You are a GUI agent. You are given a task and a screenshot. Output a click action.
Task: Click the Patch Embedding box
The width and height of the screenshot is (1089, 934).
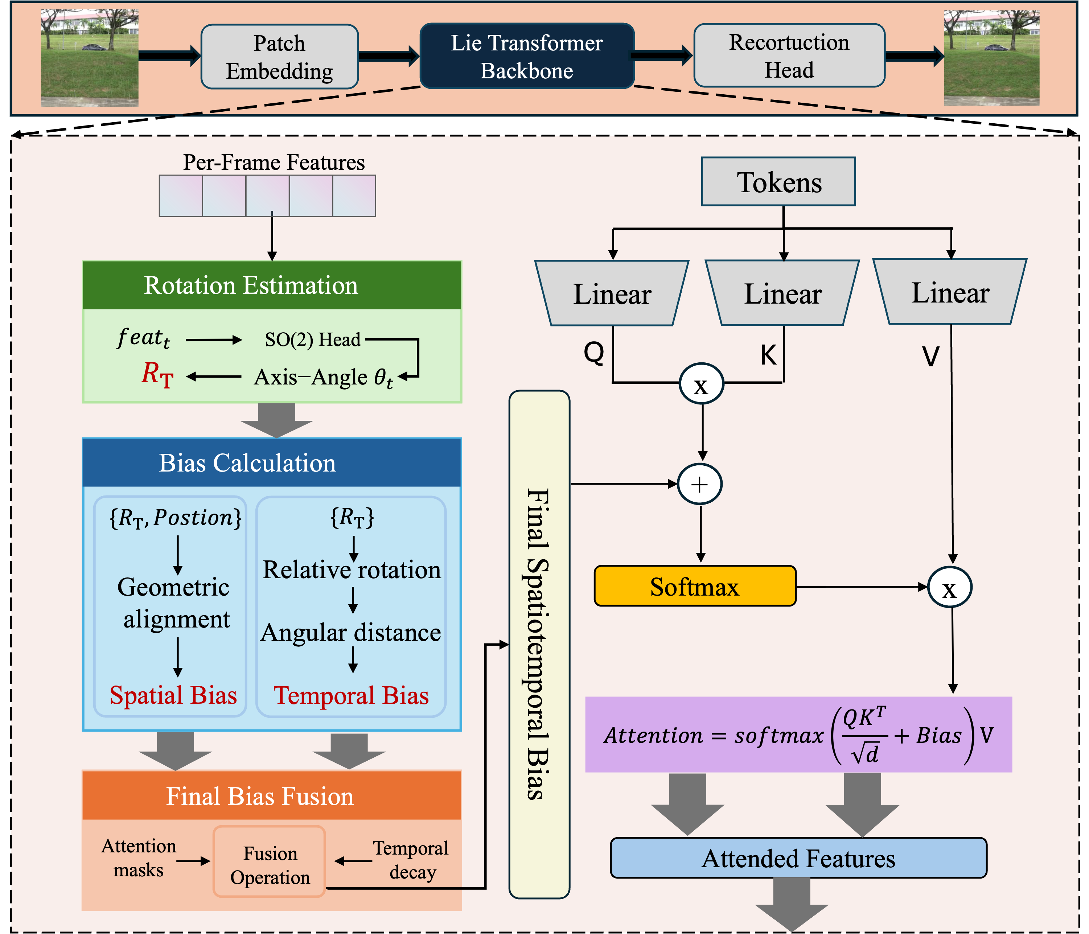pyautogui.click(x=280, y=57)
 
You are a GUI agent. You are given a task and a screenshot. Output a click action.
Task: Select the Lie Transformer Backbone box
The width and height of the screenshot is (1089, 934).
pyautogui.click(x=527, y=56)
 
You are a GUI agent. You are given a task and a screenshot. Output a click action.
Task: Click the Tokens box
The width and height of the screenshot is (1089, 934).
pyautogui.click(x=778, y=182)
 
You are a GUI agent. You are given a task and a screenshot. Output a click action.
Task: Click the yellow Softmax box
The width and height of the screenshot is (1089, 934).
pyautogui.click(x=695, y=587)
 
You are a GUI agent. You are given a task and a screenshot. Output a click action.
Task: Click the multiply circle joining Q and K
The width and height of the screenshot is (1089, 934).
pyautogui.click(x=701, y=384)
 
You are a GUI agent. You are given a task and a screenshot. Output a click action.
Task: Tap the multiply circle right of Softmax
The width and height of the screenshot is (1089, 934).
pyautogui.click(x=950, y=588)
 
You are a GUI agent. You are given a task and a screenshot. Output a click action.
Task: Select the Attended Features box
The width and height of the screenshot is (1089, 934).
pyautogui.click(x=798, y=858)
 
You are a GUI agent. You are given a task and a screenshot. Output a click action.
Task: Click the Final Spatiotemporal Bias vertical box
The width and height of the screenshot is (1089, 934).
pyautogui.click(x=539, y=644)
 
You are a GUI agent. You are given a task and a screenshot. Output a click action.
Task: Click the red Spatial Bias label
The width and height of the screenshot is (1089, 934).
pyautogui.click(x=173, y=695)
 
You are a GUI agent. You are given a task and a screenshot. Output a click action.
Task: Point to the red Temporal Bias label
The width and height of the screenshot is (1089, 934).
pyautogui.click(x=351, y=695)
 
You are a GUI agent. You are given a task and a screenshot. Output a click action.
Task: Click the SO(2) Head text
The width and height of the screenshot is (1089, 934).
pyautogui.click(x=313, y=340)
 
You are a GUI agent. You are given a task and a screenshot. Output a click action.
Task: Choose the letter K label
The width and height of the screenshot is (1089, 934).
pyautogui.click(x=768, y=355)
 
